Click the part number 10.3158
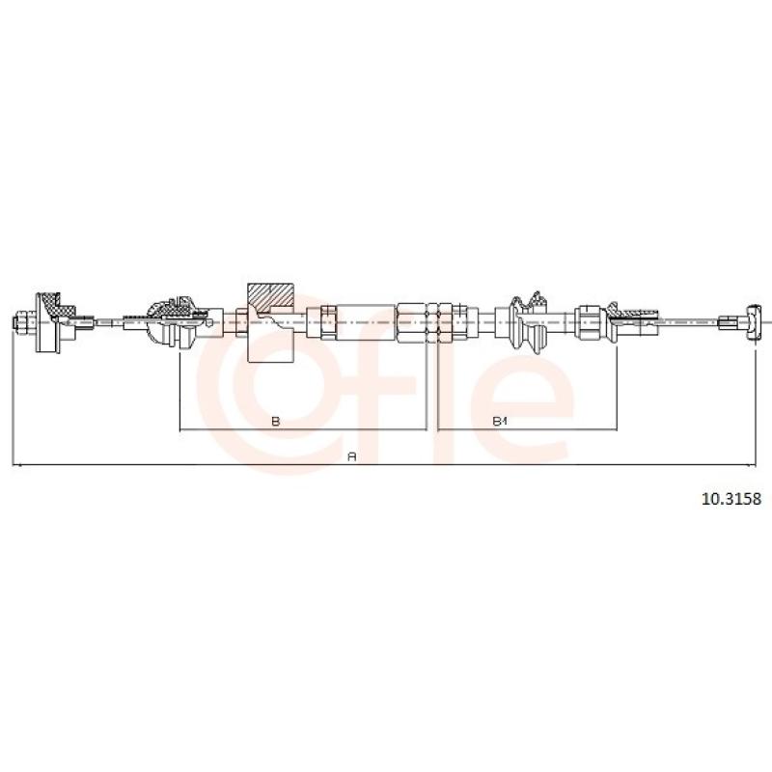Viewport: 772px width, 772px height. pyautogui.click(x=731, y=499)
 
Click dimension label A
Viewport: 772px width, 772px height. pyautogui.click(x=351, y=456)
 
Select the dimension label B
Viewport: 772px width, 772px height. pyautogui.click(x=276, y=421)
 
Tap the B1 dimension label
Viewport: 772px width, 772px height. pyautogui.click(x=500, y=421)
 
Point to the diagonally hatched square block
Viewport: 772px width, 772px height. pyautogui.click(x=270, y=297)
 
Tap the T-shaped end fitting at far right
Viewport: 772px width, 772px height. pyautogui.click(x=754, y=322)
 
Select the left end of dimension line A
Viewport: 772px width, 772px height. pyautogui.click(x=13, y=464)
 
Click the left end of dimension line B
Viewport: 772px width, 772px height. pyautogui.click(x=180, y=429)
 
